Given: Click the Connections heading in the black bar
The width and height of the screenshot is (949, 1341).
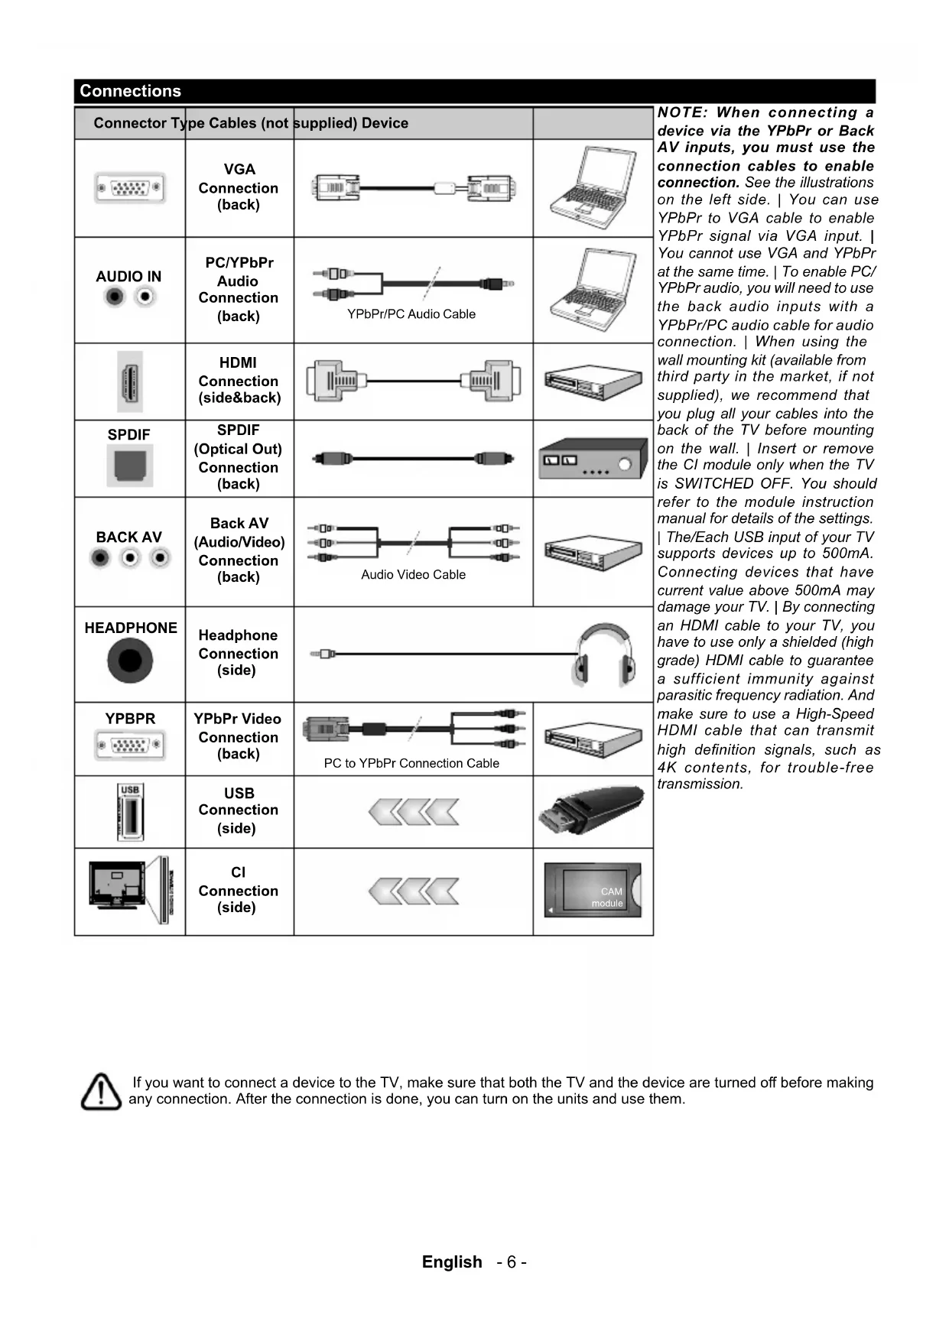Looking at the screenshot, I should [x=130, y=91].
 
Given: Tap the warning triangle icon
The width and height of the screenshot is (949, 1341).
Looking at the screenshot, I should [x=101, y=1092].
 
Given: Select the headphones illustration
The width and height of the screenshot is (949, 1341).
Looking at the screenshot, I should [x=605, y=654].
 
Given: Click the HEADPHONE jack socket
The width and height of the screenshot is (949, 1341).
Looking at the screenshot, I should [x=130, y=661].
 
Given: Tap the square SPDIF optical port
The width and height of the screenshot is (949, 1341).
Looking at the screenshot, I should [x=130, y=465].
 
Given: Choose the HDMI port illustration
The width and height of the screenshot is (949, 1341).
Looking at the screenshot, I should [x=130, y=382].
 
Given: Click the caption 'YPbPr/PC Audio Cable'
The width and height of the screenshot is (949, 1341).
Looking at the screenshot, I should [x=411, y=314].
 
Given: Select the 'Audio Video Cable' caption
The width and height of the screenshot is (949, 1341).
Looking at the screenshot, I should [x=413, y=575].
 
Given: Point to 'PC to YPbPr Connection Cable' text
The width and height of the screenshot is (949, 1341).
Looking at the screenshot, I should [x=411, y=763].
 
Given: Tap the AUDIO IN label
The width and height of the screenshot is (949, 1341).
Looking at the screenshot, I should [x=128, y=277].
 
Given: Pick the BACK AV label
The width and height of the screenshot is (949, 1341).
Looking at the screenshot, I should [x=128, y=537].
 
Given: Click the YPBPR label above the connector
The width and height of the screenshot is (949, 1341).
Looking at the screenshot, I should [x=130, y=719].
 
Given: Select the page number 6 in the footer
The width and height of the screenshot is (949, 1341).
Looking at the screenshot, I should [x=511, y=1262].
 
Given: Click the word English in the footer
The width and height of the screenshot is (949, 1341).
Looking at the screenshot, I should [x=452, y=1262].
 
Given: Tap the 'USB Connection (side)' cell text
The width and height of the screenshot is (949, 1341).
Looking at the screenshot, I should [x=239, y=810].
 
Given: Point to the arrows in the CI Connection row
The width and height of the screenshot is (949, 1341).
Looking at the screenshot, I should [x=413, y=891].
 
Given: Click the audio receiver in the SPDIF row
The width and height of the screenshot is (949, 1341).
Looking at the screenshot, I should [x=592, y=459].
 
